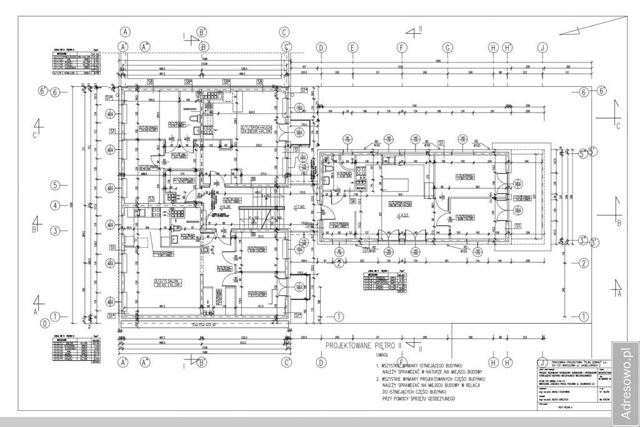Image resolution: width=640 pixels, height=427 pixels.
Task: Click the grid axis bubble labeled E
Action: tap(353, 47)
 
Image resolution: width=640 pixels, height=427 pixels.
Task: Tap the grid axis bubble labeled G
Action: tap(448, 47)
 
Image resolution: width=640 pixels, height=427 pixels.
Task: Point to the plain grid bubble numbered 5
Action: tap(56, 185)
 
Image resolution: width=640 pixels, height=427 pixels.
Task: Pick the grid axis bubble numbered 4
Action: tap(56, 205)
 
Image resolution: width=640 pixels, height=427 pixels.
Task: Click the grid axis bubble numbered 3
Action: tap(56, 231)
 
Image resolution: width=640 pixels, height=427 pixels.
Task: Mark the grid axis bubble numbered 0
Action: tap(44, 323)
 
